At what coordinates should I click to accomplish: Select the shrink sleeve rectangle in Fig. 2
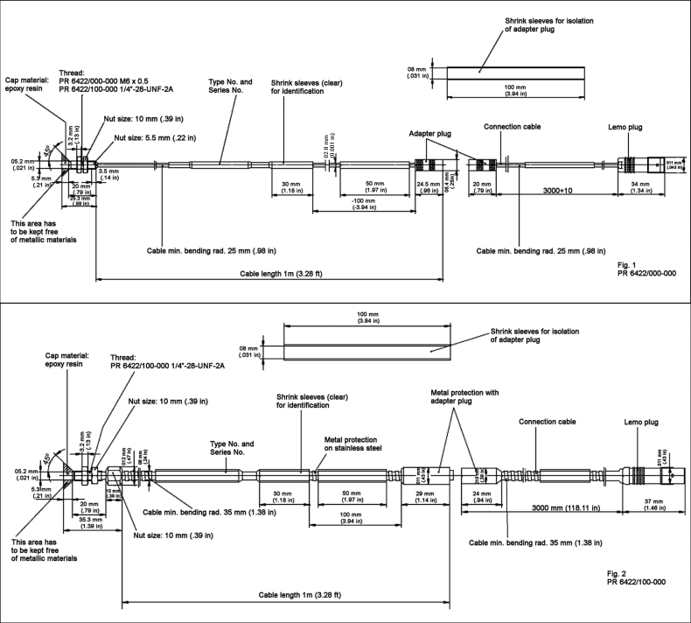366,350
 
